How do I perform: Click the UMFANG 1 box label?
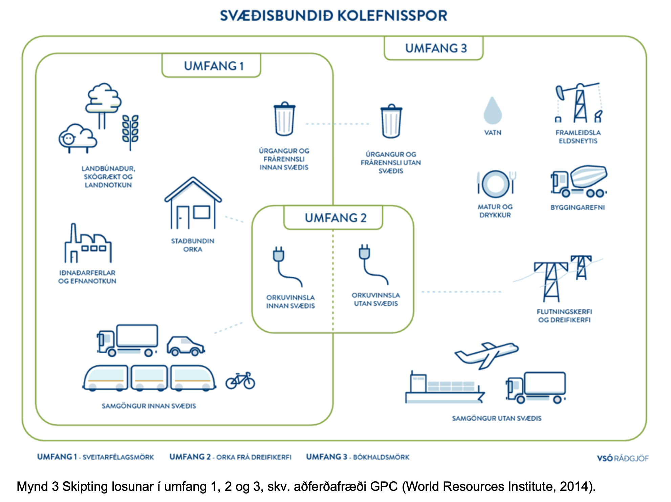(x=214, y=66)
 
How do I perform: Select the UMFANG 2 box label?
(x=335, y=218)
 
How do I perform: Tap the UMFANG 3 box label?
(x=436, y=48)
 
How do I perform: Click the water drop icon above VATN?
(x=493, y=110)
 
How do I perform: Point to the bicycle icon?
(x=240, y=381)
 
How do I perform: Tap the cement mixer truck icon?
(x=579, y=182)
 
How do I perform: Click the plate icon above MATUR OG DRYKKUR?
(x=496, y=184)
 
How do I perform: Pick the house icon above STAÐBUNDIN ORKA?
(x=193, y=203)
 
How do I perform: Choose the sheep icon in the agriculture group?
(x=78, y=138)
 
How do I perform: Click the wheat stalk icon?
(x=130, y=132)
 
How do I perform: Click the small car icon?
(x=186, y=346)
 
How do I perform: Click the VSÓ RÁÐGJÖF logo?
(x=623, y=458)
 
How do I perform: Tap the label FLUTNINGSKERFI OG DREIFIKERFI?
(x=564, y=316)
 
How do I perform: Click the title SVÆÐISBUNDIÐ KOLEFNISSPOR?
(x=334, y=16)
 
